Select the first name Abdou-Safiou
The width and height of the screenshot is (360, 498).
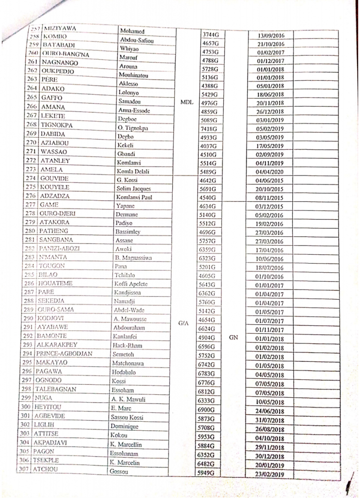136,40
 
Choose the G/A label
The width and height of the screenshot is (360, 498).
183,322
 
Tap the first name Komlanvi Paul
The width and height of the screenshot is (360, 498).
133,197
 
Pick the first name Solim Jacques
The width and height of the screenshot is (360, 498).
133,189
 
